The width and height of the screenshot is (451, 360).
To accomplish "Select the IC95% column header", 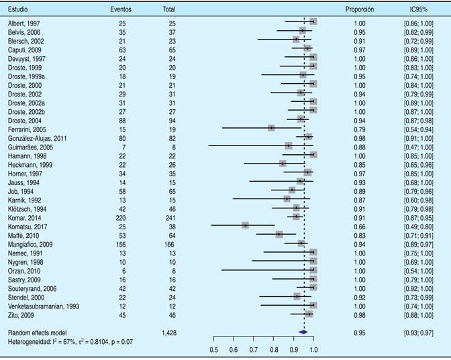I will pyautogui.click(x=419, y=9).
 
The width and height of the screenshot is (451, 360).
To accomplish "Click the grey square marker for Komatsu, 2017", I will pyautogui.click(x=246, y=225).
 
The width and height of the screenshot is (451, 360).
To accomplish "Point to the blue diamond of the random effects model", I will pyautogui.click(x=303, y=332).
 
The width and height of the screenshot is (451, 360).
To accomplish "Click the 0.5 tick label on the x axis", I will pyautogui.click(x=213, y=349).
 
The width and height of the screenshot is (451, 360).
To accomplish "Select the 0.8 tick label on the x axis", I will pyautogui.click(x=274, y=349).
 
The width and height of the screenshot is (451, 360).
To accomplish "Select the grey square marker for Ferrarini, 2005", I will pyautogui.click(x=271, y=127).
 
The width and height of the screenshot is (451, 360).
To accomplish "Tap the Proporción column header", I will pyautogui.click(x=359, y=9).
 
